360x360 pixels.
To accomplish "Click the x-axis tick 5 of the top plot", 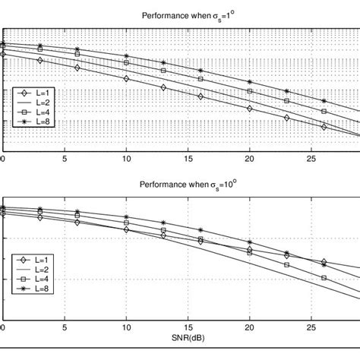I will tap(65, 160).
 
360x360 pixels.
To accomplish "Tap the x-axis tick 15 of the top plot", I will tap(188, 160).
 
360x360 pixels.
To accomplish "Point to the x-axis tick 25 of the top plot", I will tap(311, 160).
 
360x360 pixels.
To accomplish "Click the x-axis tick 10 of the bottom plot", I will tap(127, 328).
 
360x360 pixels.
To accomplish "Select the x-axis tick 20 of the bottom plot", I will tap(250, 328).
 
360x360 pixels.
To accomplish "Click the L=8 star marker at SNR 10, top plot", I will tap(127, 57).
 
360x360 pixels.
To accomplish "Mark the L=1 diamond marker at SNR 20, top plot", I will tap(250, 108).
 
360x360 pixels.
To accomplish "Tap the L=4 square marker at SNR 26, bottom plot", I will tap(324, 278).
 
